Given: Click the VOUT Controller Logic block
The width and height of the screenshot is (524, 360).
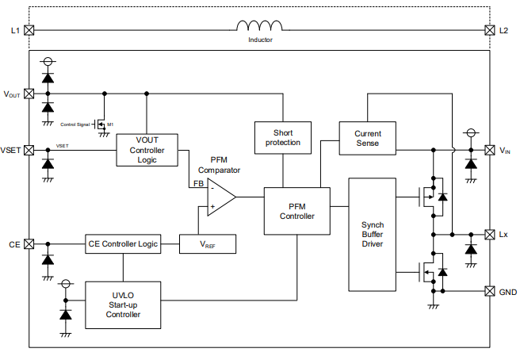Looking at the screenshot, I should tap(147, 149).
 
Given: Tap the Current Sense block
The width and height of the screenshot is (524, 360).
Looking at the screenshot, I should tap(367, 138).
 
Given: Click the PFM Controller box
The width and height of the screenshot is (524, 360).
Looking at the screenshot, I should tap(296, 210).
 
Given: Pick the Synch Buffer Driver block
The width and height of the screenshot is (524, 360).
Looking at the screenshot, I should tap(372, 234).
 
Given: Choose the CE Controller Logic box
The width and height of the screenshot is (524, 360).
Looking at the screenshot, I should tap(123, 244).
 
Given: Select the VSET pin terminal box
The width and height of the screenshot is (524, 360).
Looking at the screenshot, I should tap(29, 150).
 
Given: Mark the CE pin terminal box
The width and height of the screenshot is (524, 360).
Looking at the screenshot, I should tap(29, 244).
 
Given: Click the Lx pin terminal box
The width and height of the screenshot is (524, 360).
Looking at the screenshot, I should tap(488, 235).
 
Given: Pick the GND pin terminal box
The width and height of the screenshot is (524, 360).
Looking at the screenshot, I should tap(488, 291).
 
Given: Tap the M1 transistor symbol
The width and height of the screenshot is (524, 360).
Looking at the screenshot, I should tap(101, 124).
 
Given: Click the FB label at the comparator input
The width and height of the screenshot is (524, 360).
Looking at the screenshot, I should tap(198, 184).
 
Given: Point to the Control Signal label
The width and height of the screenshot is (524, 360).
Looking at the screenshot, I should tap(76, 124).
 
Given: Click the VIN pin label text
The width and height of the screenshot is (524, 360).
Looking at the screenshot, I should tap(505, 150).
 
